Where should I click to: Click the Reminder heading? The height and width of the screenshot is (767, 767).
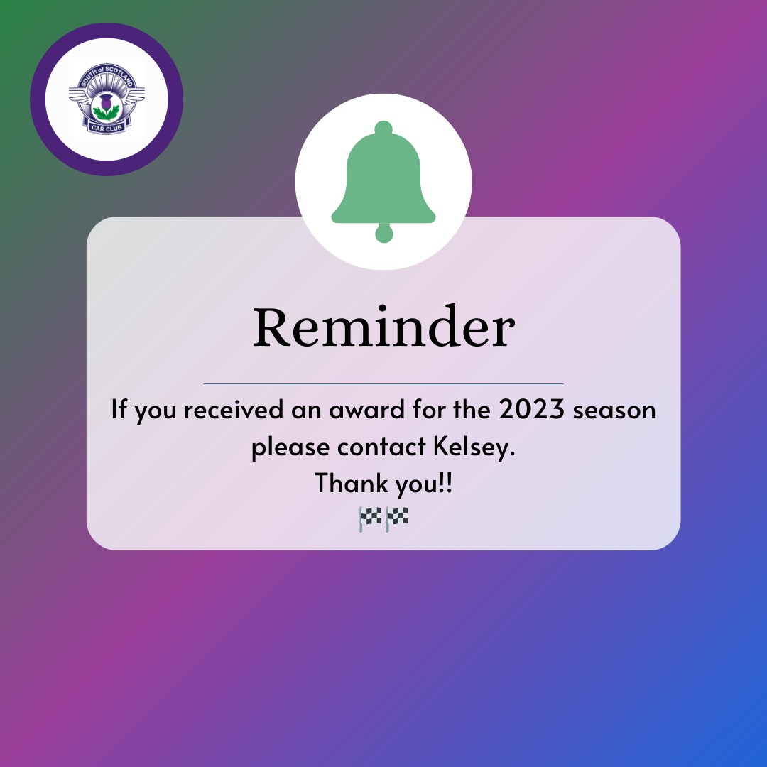pyautogui.click(x=383, y=326)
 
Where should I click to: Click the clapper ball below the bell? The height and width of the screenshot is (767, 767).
pyautogui.click(x=384, y=233)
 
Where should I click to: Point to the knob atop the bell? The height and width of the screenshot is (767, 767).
pyautogui.click(x=383, y=128)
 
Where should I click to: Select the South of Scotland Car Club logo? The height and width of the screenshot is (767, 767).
pyautogui.click(x=107, y=99)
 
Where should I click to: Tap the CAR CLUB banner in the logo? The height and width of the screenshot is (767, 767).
pyautogui.click(x=106, y=128)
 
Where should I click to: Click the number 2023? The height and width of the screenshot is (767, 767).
pyautogui.click(x=532, y=409)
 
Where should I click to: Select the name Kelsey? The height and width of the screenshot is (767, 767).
pyautogui.click(x=474, y=447)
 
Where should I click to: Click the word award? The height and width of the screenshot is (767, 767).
pyautogui.click(x=367, y=410)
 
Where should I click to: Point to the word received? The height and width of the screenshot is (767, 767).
pyautogui.click(x=234, y=410)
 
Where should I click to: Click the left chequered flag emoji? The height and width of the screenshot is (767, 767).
pyautogui.click(x=370, y=519)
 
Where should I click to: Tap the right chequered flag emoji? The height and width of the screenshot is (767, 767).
pyautogui.click(x=397, y=519)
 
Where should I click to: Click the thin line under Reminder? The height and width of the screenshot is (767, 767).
pyautogui.click(x=383, y=384)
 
